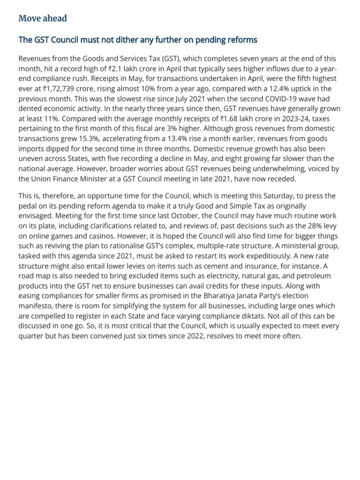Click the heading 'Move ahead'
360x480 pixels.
[43, 18]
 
